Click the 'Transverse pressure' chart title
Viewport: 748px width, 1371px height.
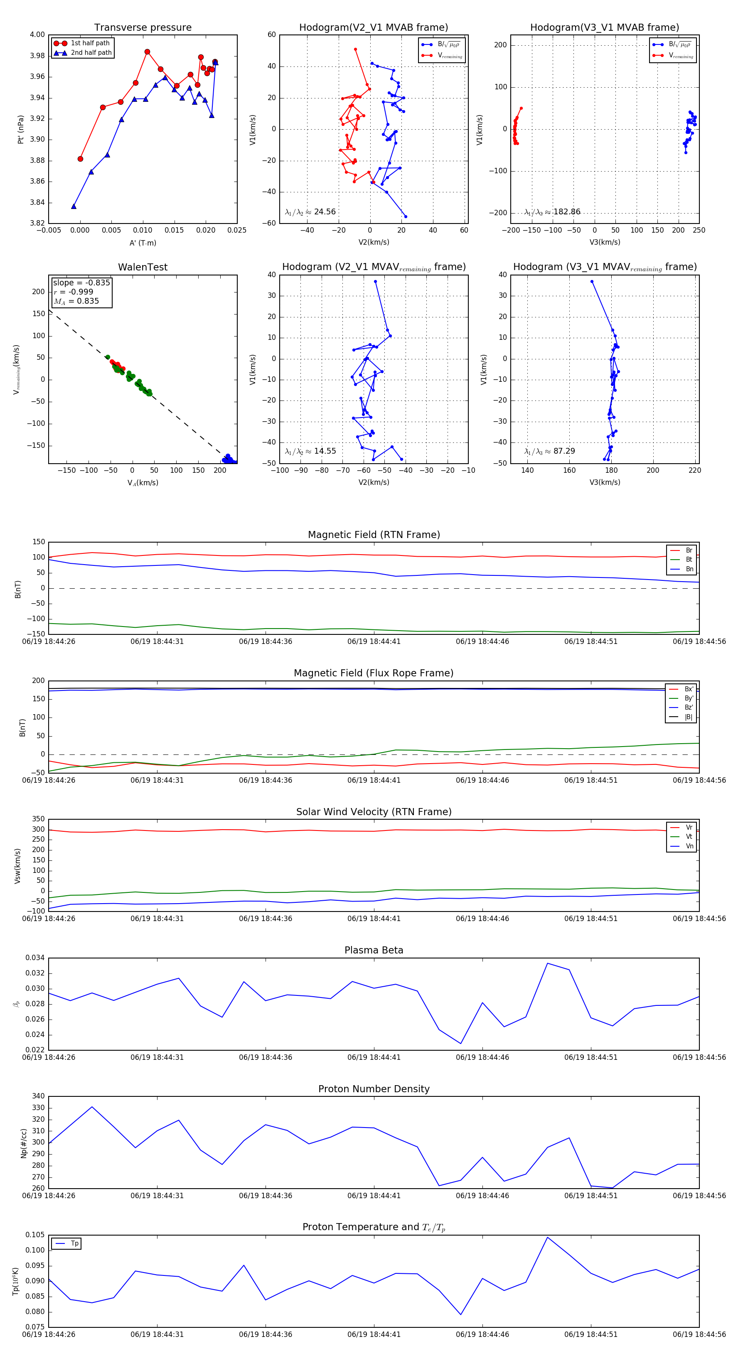[x=143, y=27]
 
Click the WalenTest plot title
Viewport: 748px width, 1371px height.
[x=143, y=267]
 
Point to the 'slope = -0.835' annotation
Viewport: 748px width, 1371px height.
[x=81, y=283]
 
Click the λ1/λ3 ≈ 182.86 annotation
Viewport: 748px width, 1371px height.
[x=552, y=212]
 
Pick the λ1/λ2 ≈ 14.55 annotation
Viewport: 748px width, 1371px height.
[x=310, y=451]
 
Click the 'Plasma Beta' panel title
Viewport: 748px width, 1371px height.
[x=374, y=950]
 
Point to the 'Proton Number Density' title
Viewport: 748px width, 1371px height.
[x=374, y=1089]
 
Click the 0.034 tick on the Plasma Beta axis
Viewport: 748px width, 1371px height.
[x=35, y=958]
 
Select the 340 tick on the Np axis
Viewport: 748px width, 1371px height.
[x=38, y=1096]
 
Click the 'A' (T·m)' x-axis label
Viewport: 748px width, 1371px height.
[x=143, y=243]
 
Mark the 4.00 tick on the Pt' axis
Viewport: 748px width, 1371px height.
[x=37, y=34]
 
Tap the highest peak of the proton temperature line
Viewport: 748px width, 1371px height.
[x=547, y=1237]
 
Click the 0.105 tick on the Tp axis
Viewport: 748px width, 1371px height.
[x=35, y=1235]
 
